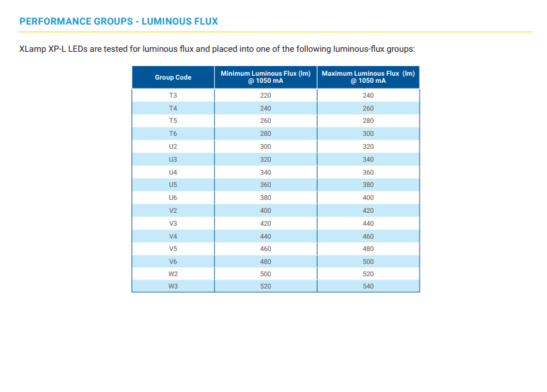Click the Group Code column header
[173, 77]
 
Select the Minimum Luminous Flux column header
[266, 77]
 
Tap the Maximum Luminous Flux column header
[368, 77]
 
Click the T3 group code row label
[173, 95]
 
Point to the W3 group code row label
[173, 286]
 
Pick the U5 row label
[173, 184]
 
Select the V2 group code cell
[173, 210]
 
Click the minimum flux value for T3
[266, 95]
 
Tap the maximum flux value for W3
[368, 286]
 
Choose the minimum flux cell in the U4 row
[266, 172]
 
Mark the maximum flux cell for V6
[368, 261]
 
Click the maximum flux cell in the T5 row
[368, 120]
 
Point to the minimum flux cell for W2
[266, 274]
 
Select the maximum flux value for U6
[368, 197]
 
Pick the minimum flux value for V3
[266, 223]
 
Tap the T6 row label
[173, 133]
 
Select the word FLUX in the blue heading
[206, 21]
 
